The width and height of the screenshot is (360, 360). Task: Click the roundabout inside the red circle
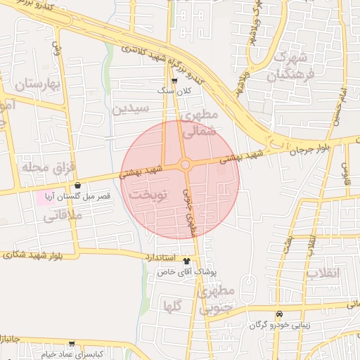pos(185,165)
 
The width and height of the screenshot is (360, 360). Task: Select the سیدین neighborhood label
pos(131,109)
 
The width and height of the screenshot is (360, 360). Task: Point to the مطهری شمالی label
pos(200,122)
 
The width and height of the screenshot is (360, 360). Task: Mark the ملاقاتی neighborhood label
pos(63,216)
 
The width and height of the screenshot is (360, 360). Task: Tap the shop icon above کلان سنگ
pos(174,81)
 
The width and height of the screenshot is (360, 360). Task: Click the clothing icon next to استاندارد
pos(186,257)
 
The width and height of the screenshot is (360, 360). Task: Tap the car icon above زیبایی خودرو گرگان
pos(279,314)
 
